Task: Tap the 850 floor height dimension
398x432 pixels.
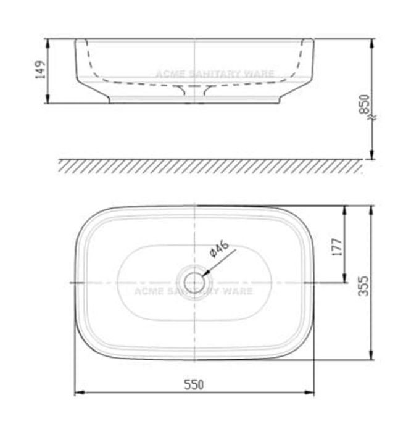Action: point(364,105)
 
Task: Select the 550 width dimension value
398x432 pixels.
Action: point(194,384)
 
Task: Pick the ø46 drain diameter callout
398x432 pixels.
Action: point(219,249)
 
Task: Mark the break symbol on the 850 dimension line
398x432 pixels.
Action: point(371,117)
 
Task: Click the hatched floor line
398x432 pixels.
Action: point(210,165)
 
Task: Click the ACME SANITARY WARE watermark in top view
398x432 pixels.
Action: point(193,291)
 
